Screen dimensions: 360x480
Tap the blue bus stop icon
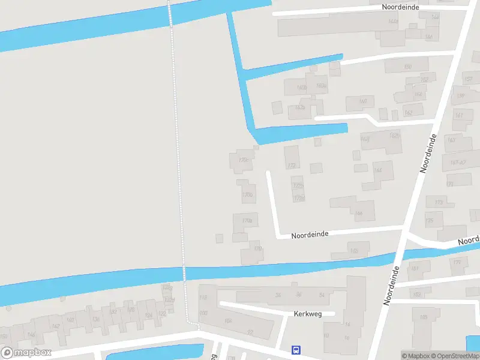[x=296, y=350]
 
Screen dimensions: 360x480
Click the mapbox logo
[x=26, y=353]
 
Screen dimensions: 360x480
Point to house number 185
[x=424, y=317]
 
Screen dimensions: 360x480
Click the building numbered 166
[x=359, y=213]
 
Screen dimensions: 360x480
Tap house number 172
[x=292, y=166]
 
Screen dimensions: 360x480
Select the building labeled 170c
[x=243, y=160]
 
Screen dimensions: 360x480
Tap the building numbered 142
[x=56, y=326]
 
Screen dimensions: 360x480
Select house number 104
[x=228, y=321]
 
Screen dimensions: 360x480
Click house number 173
[x=439, y=203]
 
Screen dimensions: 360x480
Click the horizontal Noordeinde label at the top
[x=400, y=7]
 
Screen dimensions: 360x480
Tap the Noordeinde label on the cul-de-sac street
[x=310, y=235]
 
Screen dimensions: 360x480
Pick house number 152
[x=424, y=79]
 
